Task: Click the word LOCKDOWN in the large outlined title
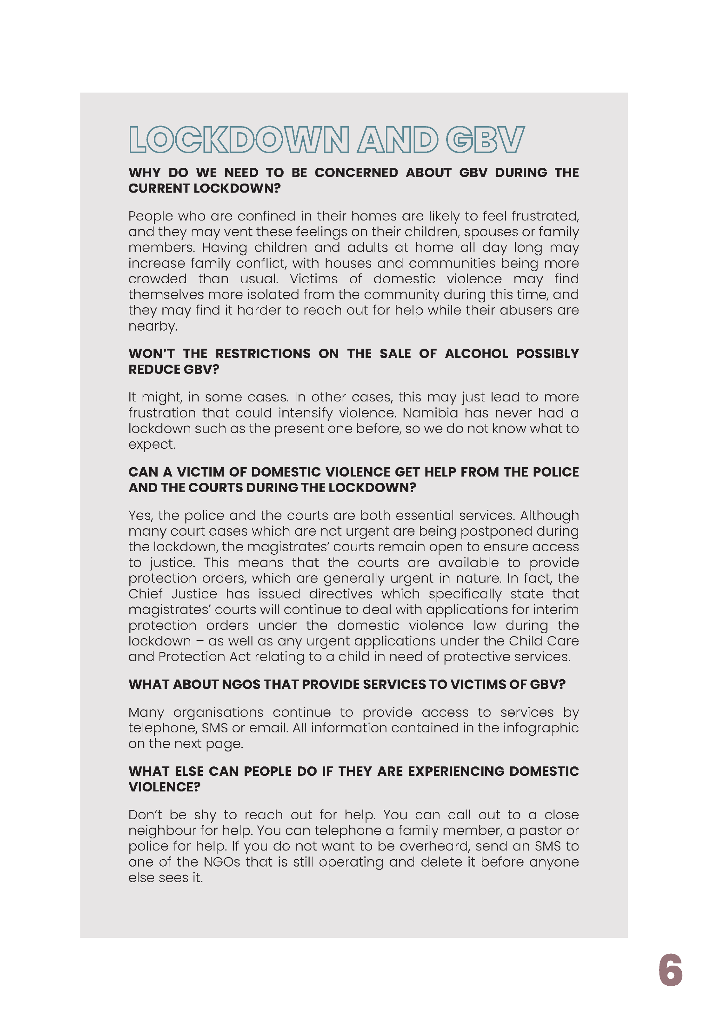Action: [x=239, y=139]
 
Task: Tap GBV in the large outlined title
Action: [x=485, y=139]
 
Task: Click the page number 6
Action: [x=670, y=970]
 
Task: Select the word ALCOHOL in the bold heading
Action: [x=477, y=353]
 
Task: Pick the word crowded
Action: [x=158, y=279]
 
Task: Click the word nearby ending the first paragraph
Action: [x=152, y=327]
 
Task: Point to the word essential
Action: [x=425, y=515]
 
